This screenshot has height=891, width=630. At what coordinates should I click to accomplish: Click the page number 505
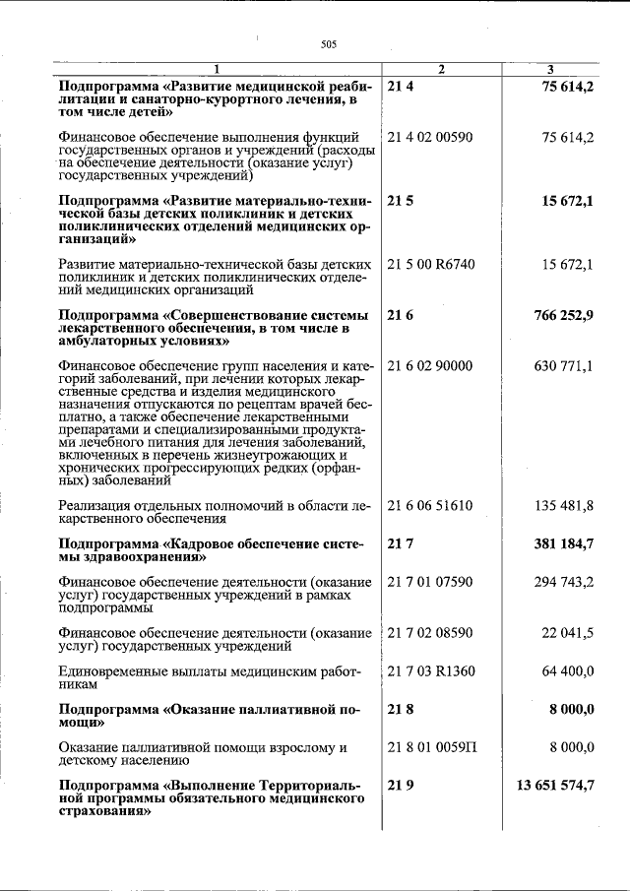pos(329,43)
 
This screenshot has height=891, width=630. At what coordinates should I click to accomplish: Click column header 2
pos(441,68)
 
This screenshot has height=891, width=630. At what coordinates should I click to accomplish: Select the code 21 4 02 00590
pos(430,137)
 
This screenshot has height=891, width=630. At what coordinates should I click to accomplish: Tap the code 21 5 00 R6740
pos(431,265)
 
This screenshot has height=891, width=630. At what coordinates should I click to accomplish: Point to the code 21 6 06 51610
pos(430,506)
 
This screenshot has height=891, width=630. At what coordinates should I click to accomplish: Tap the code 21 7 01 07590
pos(430,582)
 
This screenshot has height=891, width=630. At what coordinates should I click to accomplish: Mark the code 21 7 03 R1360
pos(431,671)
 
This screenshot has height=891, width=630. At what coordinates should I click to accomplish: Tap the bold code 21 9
pos(400,786)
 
